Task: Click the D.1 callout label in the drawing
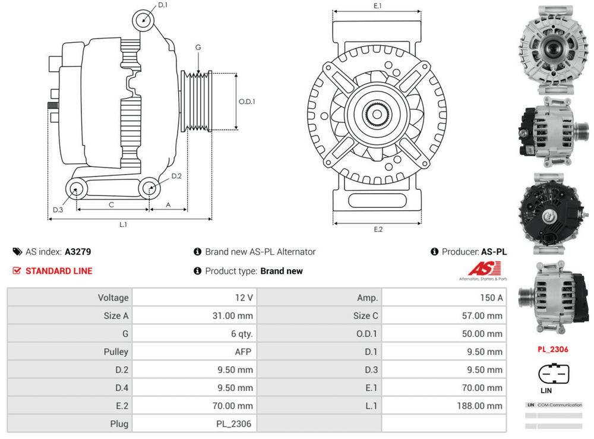(x=163, y=5)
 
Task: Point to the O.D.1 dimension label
(x=247, y=102)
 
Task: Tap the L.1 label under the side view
(x=124, y=225)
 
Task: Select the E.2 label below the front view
(x=378, y=230)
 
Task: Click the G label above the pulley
(x=198, y=48)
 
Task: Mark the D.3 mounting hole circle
(x=75, y=190)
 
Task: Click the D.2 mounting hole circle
(x=149, y=188)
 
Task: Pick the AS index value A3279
(x=78, y=252)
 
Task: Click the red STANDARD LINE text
(x=59, y=271)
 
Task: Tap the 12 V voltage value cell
(x=244, y=298)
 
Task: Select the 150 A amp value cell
(x=491, y=298)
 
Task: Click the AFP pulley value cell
(x=243, y=352)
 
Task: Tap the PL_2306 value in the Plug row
(x=233, y=424)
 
